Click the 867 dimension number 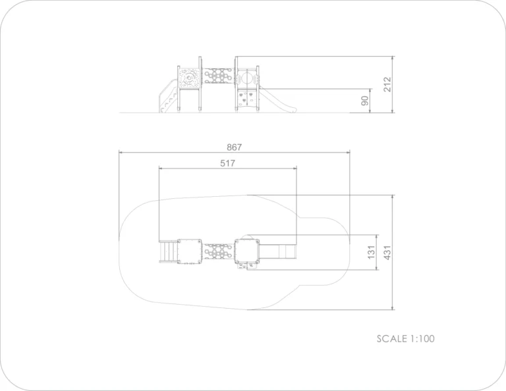click(235, 147)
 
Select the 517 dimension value click(227, 163)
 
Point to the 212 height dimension click(387, 84)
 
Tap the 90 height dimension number click(364, 101)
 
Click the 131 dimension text click(371, 252)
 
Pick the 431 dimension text click(387, 252)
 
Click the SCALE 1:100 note click(406, 339)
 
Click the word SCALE click(392, 339)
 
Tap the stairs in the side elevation click(168, 96)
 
